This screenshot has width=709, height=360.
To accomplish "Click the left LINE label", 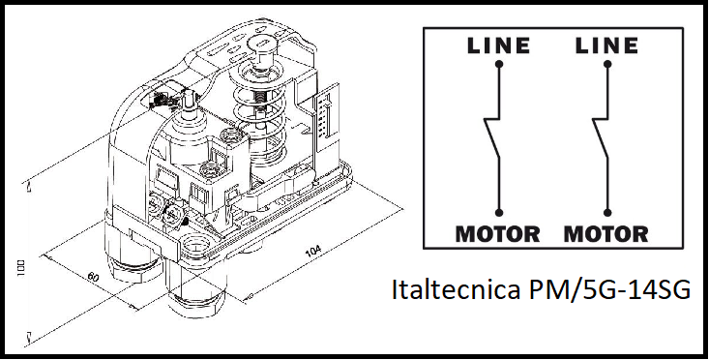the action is tap(498, 45).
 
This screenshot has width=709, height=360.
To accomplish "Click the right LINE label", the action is tap(606, 45).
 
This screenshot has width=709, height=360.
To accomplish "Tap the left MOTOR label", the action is tap(497, 234).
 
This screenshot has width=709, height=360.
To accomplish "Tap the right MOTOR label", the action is tap(606, 234).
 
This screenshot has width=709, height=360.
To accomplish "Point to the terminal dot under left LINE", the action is tap(499, 64).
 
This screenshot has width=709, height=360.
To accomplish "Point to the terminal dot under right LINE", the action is tap(607, 64).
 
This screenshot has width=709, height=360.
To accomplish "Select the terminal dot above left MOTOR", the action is tap(499, 213).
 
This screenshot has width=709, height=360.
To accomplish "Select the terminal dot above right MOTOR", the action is tap(607, 213).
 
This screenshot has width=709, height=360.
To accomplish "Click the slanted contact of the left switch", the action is tap(492, 138).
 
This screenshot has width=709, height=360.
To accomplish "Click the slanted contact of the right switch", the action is tap(601, 138).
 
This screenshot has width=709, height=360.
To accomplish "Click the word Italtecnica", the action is tap(456, 289).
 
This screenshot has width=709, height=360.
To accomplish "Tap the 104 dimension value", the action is tap(313, 251).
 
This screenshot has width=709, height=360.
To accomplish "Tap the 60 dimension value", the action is tap(93, 277).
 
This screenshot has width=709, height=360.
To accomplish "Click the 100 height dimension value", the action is tap(21, 268).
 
